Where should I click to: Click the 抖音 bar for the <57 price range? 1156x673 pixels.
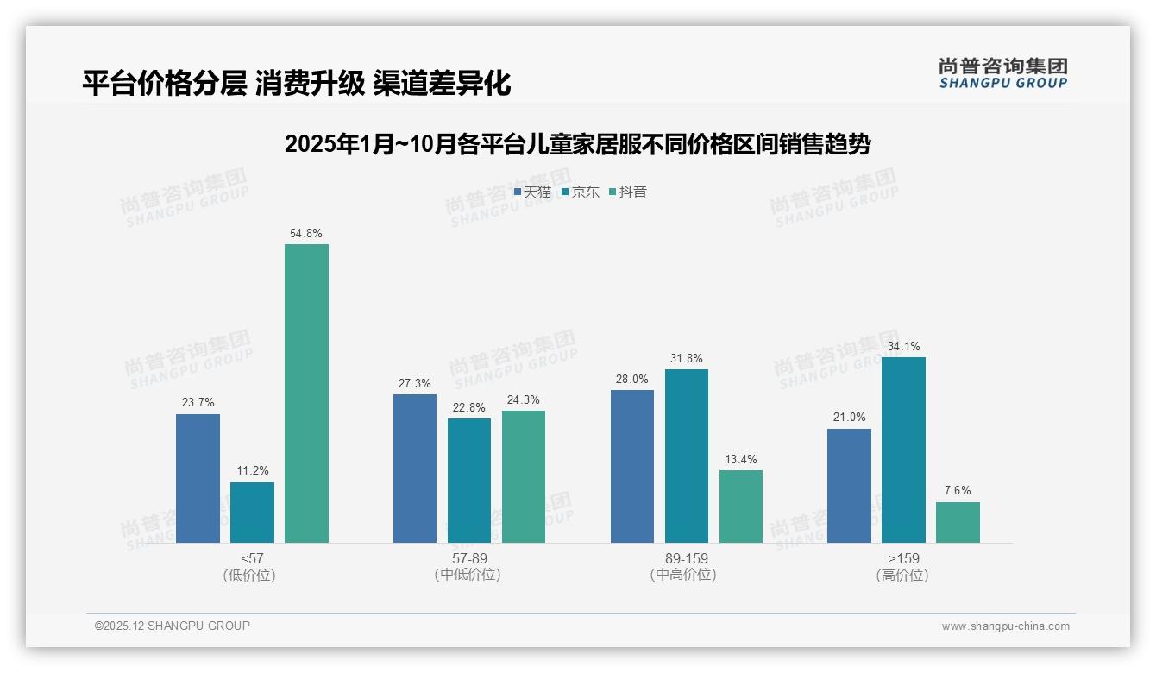click(306, 393)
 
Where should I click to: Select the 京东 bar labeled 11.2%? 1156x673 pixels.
click(252, 513)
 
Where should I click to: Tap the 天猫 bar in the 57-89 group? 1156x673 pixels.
click(415, 469)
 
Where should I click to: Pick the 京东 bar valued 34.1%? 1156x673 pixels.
click(903, 450)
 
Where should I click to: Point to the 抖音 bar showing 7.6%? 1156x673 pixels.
click(958, 522)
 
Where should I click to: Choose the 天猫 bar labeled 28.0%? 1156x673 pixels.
click(632, 466)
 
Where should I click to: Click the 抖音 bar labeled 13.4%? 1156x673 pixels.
click(741, 506)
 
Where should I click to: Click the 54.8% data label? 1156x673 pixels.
click(306, 234)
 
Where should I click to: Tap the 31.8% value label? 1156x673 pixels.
click(687, 359)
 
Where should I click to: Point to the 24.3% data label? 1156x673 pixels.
click(524, 400)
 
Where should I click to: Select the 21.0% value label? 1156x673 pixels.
click(850, 418)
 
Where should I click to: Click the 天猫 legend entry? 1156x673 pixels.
click(532, 192)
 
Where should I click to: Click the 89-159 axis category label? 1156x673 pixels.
click(686, 558)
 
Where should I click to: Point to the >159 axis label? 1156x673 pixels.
click(902, 558)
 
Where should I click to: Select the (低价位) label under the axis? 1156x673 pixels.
click(250, 575)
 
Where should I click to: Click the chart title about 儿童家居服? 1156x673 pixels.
click(577, 144)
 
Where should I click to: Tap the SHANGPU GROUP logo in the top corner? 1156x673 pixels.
click(1002, 73)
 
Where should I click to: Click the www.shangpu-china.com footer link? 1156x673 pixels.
click(1005, 626)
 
